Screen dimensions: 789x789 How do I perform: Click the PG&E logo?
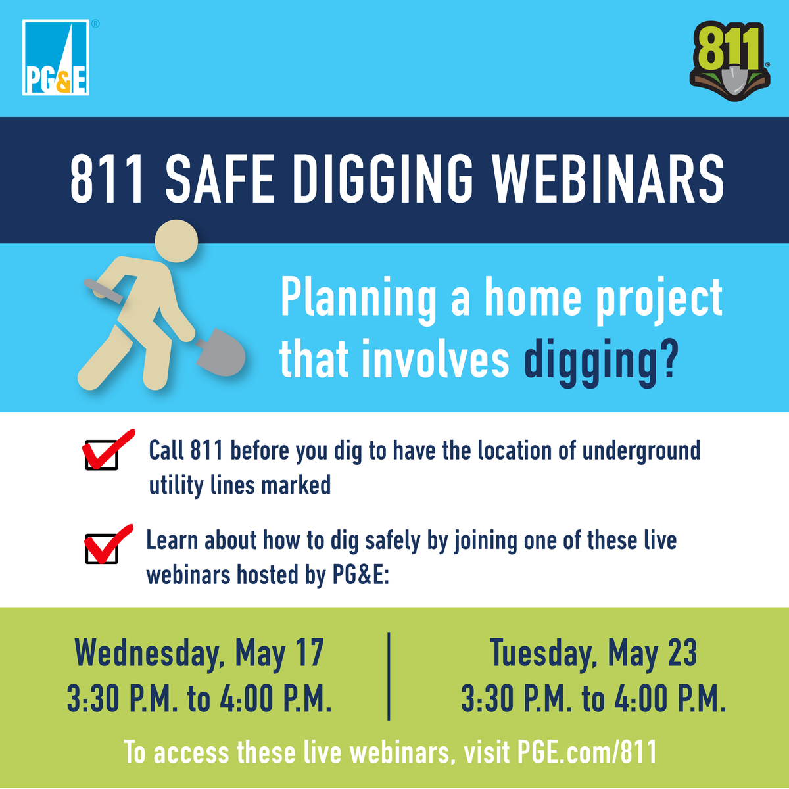pyautogui.click(x=56, y=58)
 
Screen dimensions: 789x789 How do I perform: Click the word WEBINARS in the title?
pyautogui.click(x=608, y=179)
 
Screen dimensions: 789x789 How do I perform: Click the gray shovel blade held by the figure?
pyautogui.click(x=221, y=352)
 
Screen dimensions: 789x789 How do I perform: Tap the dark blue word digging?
pyautogui.click(x=600, y=362)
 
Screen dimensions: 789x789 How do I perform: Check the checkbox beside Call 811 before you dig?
pyautogui.click(x=102, y=454)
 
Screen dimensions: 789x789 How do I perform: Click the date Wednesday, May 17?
pyautogui.click(x=199, y=653)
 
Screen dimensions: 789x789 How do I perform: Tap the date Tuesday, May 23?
pyautogui.click(x=593, y=653)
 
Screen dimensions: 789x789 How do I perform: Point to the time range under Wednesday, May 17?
pyautogui.click(x=199, y=699)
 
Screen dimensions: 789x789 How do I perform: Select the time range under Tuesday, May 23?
pyautogui.click(x=593, y=699)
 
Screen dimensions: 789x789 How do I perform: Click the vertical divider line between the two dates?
pyautogui.click(x=389, y=676)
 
